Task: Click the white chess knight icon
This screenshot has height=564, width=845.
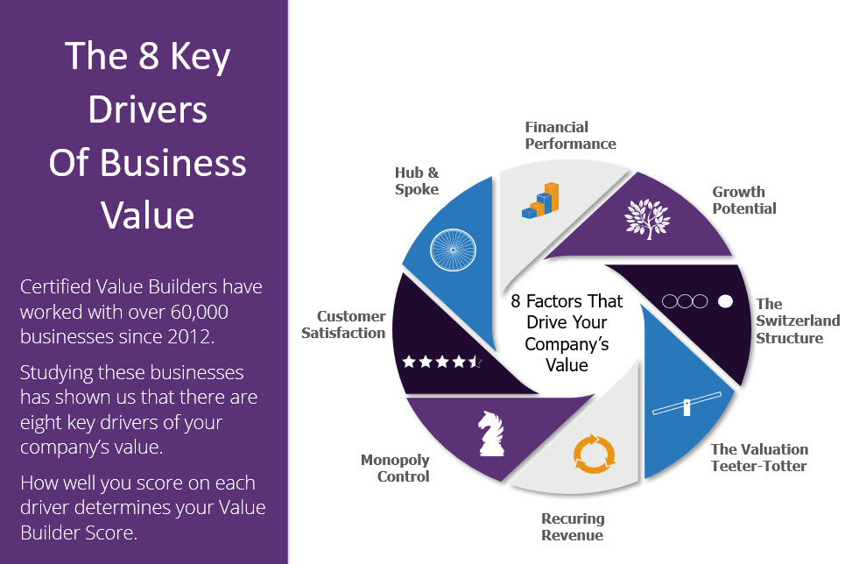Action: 491,434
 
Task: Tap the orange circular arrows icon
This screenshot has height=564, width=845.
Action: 594,454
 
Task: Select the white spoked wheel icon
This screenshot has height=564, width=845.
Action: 454,250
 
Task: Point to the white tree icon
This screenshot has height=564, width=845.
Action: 647,219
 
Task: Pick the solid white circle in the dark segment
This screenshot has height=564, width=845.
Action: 725,301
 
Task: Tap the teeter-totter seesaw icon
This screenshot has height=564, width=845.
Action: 687,404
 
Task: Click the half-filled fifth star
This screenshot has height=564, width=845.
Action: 475,362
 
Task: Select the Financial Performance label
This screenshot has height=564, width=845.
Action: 570,136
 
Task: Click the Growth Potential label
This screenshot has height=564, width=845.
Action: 744,200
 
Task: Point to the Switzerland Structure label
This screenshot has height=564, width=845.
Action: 798,321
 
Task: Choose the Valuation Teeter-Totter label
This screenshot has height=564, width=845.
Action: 759,457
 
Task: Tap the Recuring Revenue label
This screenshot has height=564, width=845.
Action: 573,527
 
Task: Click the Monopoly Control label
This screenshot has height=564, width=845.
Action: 395,468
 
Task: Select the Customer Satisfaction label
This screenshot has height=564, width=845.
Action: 343,325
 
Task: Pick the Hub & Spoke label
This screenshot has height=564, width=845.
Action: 417,180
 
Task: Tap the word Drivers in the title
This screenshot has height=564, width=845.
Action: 148,109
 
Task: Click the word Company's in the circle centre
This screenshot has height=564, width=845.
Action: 567,344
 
